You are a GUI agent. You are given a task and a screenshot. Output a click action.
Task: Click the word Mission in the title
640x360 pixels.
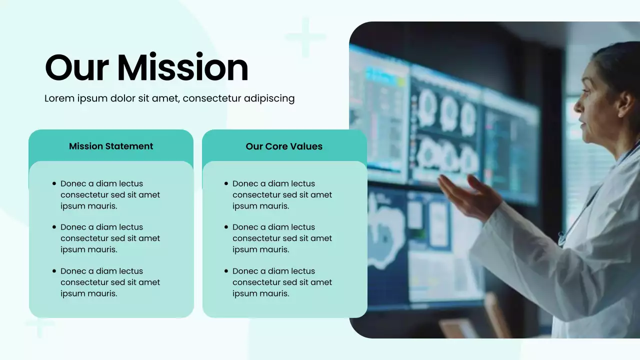click(x=182, y=68)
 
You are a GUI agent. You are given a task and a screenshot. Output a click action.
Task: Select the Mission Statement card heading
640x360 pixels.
click(x=111, y=146)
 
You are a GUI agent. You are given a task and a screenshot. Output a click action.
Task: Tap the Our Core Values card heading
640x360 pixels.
click(x=284, y=146)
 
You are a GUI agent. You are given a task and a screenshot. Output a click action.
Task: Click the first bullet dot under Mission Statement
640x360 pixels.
click(x=54, y=183)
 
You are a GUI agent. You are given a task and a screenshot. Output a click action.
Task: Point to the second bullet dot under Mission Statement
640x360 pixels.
click(x=54, y=227)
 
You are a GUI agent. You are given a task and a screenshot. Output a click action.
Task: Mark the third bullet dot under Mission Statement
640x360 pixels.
click(x=54, y=271)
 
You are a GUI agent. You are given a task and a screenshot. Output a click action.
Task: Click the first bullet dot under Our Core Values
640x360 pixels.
click(x=226, y=183)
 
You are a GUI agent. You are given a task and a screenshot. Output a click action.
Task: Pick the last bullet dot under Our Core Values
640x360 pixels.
click(x=226, y=271)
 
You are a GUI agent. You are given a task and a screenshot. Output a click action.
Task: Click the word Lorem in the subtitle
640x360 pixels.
click(x=59, y=98)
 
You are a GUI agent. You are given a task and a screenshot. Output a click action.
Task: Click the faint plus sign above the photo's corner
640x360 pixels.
click(x=305, y=37)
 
